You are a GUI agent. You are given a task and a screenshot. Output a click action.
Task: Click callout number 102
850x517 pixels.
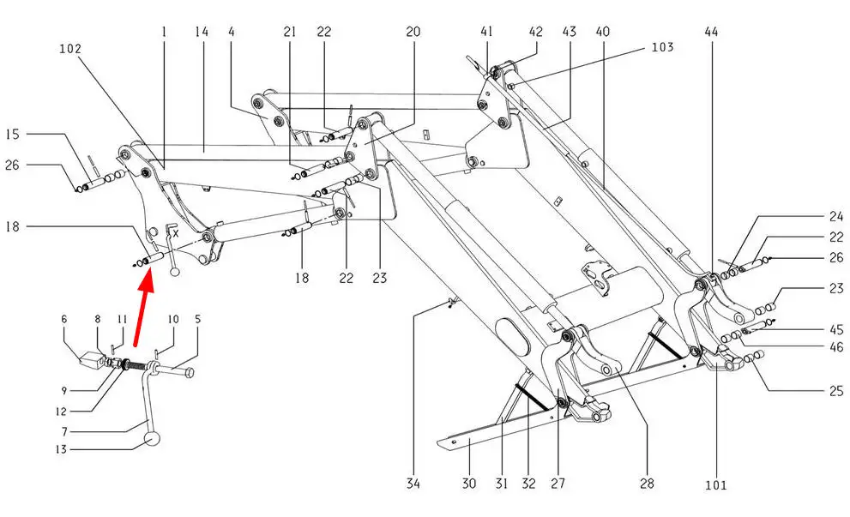click(x=70, y=49)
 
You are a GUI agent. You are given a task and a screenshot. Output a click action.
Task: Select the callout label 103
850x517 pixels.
click(x=662, y=47)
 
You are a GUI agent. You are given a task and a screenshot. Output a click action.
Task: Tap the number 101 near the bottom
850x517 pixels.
click(x=715, y=485)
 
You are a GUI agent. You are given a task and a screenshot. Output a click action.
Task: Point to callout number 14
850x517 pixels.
click(x=202, y=32)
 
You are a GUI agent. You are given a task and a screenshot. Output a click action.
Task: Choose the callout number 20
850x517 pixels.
click(x=413, y=32)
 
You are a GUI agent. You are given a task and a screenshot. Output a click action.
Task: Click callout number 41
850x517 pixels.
click(x=486, y=32)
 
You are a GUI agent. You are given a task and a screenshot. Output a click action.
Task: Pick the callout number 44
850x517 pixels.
click(x=712, y=32)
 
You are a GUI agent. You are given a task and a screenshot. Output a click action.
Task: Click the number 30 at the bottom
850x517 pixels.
click(x=467, y=484)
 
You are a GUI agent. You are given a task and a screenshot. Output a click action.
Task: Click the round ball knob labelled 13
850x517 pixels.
click(x=153, y=440)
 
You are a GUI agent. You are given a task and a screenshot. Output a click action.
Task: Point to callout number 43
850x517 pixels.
click(x=569, y=32)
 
